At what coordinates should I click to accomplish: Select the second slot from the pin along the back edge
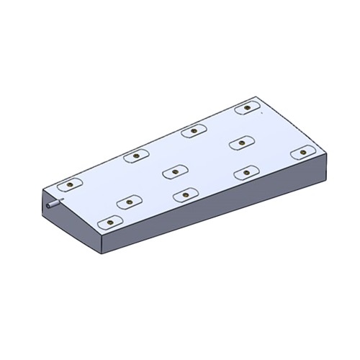[135, 155]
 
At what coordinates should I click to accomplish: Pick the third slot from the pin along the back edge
[193, 131]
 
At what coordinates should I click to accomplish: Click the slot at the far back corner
[246, 109]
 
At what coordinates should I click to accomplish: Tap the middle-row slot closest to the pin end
[127, 202]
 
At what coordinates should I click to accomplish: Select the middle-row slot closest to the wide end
[240, 143]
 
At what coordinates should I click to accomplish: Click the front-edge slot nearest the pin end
[109, 222]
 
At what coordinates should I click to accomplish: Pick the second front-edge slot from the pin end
[186, 194]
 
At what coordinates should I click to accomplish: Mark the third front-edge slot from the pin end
[246, 172]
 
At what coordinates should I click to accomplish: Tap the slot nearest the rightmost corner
[301, 153]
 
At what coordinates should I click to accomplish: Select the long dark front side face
[216, 209]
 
